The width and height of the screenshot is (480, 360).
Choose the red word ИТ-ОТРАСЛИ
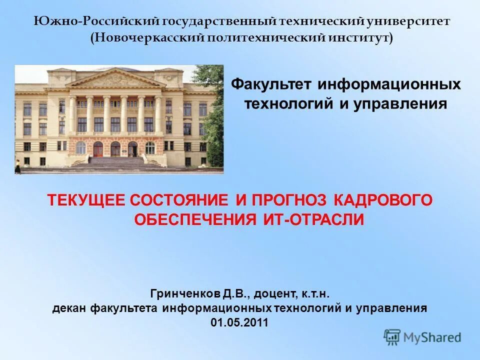pos(313,219)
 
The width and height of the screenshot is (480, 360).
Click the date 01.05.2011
pos(239,323)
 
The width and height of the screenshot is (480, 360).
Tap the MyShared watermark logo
pos(422,337)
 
